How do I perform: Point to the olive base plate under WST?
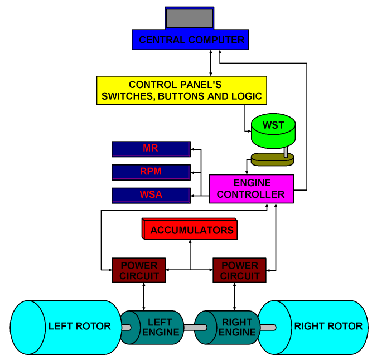pos(272,160)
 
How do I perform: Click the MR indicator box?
pos(151,149)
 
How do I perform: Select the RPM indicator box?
pos(151,172)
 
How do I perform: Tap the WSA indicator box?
pos(151,195)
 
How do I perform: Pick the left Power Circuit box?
pos(139,270)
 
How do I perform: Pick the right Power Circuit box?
pos(240,270)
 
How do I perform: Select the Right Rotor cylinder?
pos(315,327)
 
